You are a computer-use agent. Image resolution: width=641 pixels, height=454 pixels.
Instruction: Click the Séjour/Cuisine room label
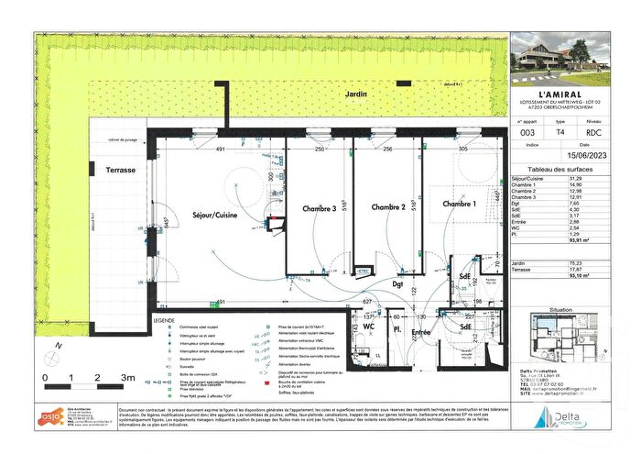pos(210,215)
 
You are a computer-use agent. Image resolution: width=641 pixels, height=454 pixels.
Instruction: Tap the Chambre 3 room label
pos(320,209)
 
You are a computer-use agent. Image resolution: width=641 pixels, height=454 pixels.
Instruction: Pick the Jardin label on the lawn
pos(344,94)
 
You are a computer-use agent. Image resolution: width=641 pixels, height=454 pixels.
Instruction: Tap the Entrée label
pos(420,330)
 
